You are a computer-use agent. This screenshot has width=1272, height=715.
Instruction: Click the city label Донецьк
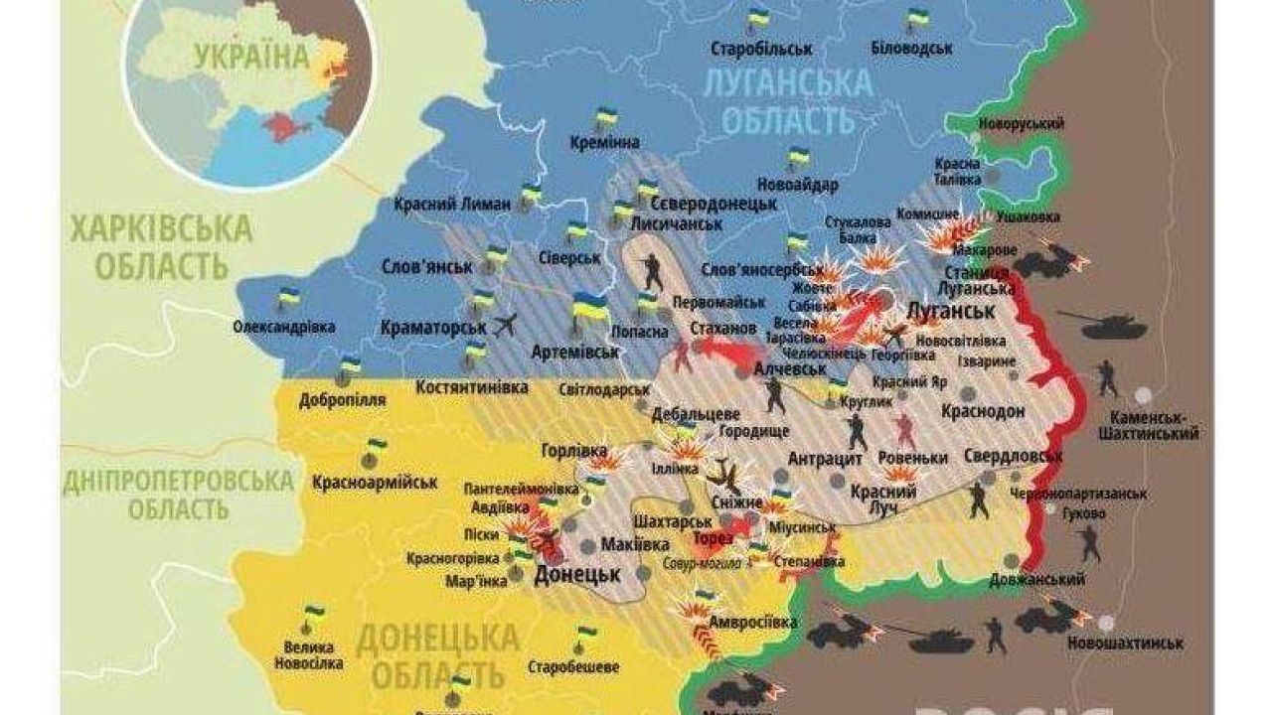pos(577,574)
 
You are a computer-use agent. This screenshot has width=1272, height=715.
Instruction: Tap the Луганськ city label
pos(951,311)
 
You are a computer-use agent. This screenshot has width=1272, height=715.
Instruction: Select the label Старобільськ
pos(762,48)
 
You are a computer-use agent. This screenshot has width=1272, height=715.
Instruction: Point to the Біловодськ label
pos(911,48)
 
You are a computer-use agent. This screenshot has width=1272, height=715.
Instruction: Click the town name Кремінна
pos(605,144)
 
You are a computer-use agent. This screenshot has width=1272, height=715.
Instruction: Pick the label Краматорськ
pos(433,327)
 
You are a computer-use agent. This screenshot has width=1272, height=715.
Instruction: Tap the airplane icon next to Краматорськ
pos(506,325)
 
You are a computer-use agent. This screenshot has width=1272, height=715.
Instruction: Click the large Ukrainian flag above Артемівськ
pos(590,307)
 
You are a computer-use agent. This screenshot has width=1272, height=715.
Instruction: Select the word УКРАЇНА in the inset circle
pos(251,57)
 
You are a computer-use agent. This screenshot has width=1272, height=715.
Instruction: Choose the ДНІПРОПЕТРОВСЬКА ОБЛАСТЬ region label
pos(178,495)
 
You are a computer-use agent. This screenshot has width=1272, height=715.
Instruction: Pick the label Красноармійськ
pos(375,482)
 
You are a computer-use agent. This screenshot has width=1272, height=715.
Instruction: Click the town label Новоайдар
pos(797,184)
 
